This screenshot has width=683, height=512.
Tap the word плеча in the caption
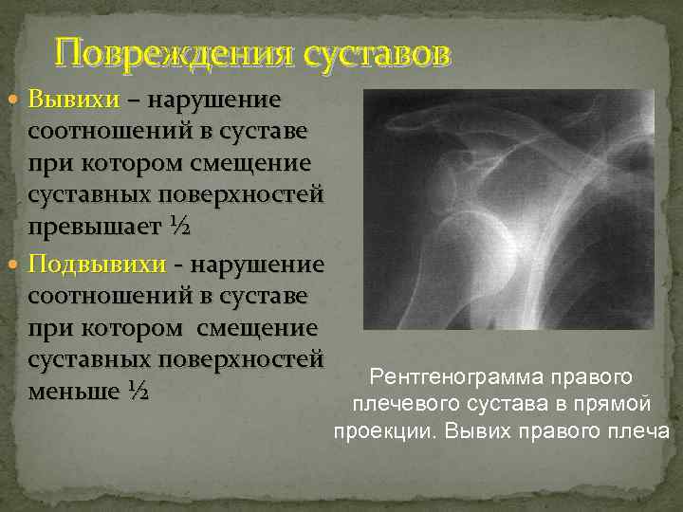[x=641, y=431]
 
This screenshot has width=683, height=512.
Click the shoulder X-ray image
[x=509, y=221]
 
